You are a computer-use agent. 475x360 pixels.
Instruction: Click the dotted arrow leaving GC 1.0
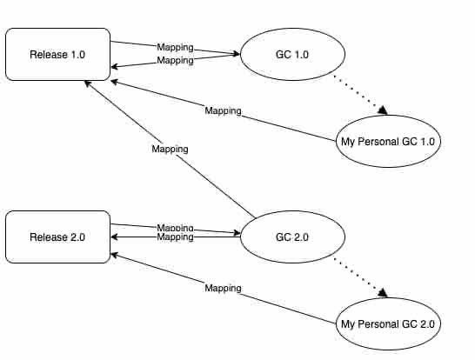pos(360,95)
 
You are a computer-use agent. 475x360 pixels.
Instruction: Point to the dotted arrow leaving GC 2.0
pos(360,277)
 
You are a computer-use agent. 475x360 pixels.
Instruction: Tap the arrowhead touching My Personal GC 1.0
pos(383,110)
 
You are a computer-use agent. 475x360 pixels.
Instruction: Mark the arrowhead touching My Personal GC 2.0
pos(383,293)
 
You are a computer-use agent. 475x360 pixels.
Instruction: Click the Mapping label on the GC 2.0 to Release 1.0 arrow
pos(170,149)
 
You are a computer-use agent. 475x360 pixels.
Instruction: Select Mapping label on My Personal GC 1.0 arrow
pos(224,110)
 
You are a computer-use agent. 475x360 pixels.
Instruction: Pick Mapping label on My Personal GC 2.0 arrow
pos(224,288)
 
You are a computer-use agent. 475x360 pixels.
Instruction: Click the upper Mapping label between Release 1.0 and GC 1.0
pos(175,47)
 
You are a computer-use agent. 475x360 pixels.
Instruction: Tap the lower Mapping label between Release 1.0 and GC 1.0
pos(175,60)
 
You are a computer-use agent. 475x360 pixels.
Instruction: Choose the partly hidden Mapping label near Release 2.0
pos(175,227)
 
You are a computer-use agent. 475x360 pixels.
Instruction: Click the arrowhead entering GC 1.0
pos(237,54)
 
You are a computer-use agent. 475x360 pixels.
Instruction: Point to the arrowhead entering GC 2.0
pos(237,233)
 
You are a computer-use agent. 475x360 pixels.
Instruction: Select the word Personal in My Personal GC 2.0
pos(378,324)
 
